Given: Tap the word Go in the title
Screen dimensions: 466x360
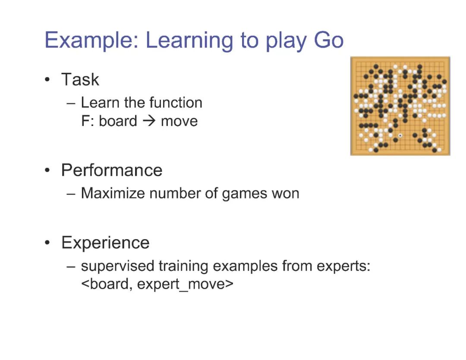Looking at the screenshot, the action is (329, 40).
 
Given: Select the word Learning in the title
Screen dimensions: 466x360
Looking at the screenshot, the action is (189, 41).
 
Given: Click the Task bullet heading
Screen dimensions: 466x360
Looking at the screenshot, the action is (80, 79).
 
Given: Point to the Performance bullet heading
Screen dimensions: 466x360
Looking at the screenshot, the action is (112, 170).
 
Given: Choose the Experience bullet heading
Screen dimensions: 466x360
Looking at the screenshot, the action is (105, 243).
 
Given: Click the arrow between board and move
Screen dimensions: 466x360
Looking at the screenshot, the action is (149, 121).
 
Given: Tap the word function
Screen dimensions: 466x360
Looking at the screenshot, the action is (176, 103).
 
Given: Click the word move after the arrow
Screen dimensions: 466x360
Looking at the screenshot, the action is (179, 121).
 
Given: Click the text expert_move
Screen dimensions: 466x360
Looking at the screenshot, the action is (185, 284).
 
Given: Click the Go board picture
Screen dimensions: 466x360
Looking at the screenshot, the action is (400, 106).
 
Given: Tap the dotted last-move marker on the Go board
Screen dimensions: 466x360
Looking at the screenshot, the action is (400, 136).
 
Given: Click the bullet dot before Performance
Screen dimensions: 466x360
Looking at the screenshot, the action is (47, 171).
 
